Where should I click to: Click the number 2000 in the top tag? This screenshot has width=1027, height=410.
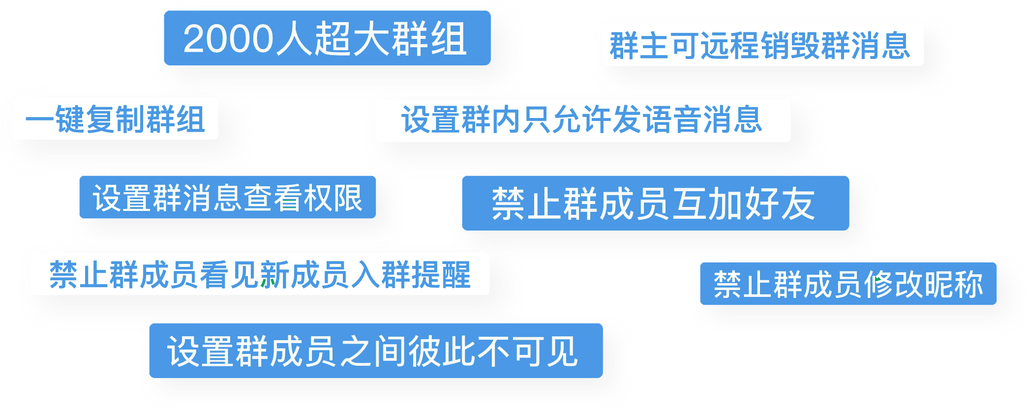[228, 38]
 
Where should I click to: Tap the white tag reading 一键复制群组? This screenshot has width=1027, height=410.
[116, 118]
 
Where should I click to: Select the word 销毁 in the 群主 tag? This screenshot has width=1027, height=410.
[805, 46]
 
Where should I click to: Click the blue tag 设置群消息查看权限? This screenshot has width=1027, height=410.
[228, 197]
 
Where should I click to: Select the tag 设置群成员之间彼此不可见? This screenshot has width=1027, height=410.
[376, 351]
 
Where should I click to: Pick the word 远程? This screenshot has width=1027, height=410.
[730, 46]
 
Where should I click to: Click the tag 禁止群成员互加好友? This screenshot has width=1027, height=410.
[656, 203]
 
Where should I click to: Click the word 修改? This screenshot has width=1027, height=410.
[893, 284]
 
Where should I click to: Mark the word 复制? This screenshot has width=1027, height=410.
[115, 119]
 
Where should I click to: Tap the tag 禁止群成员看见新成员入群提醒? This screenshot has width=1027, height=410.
[260, 274]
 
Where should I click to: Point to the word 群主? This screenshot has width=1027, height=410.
[639, 46]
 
